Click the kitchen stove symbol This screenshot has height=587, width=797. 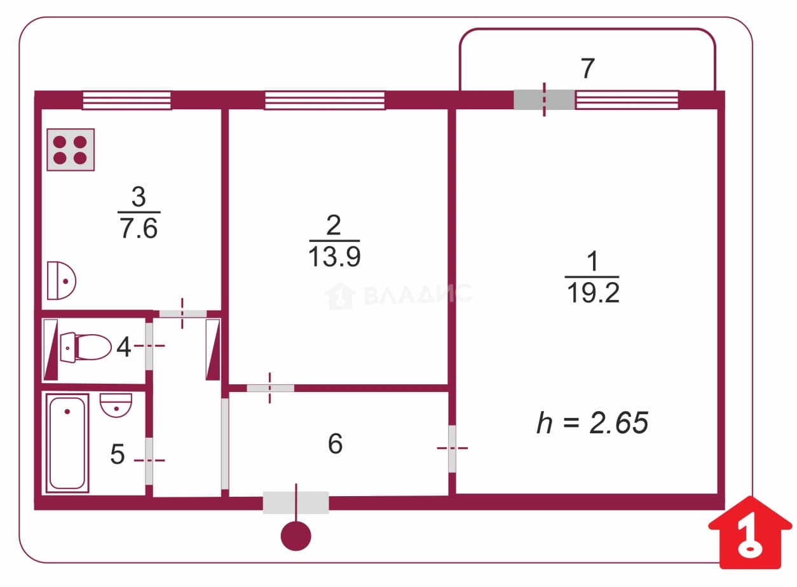pos(71,150)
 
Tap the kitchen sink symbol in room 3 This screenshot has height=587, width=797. pos(62,281)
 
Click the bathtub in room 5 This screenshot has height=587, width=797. pos(67,443)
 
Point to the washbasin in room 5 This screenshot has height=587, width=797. pos(116,405)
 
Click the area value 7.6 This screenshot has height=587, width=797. pos(139,229)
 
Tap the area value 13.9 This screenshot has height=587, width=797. pos(334,257)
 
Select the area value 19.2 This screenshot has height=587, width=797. pos(593,293)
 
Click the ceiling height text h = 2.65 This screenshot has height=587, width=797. pos(593,422)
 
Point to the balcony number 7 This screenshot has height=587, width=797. pos(587,68)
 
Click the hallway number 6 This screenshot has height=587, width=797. pos(335,443)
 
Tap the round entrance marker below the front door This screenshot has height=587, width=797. pos(296,536)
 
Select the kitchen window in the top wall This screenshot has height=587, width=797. pos(126,100)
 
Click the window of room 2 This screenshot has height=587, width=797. pos(325,100)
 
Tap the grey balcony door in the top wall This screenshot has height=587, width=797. pos(544,100)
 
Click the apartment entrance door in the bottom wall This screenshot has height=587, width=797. pos(296,503)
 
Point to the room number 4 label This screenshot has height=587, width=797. pos(124,347)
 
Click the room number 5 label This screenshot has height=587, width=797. pos(118,454)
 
